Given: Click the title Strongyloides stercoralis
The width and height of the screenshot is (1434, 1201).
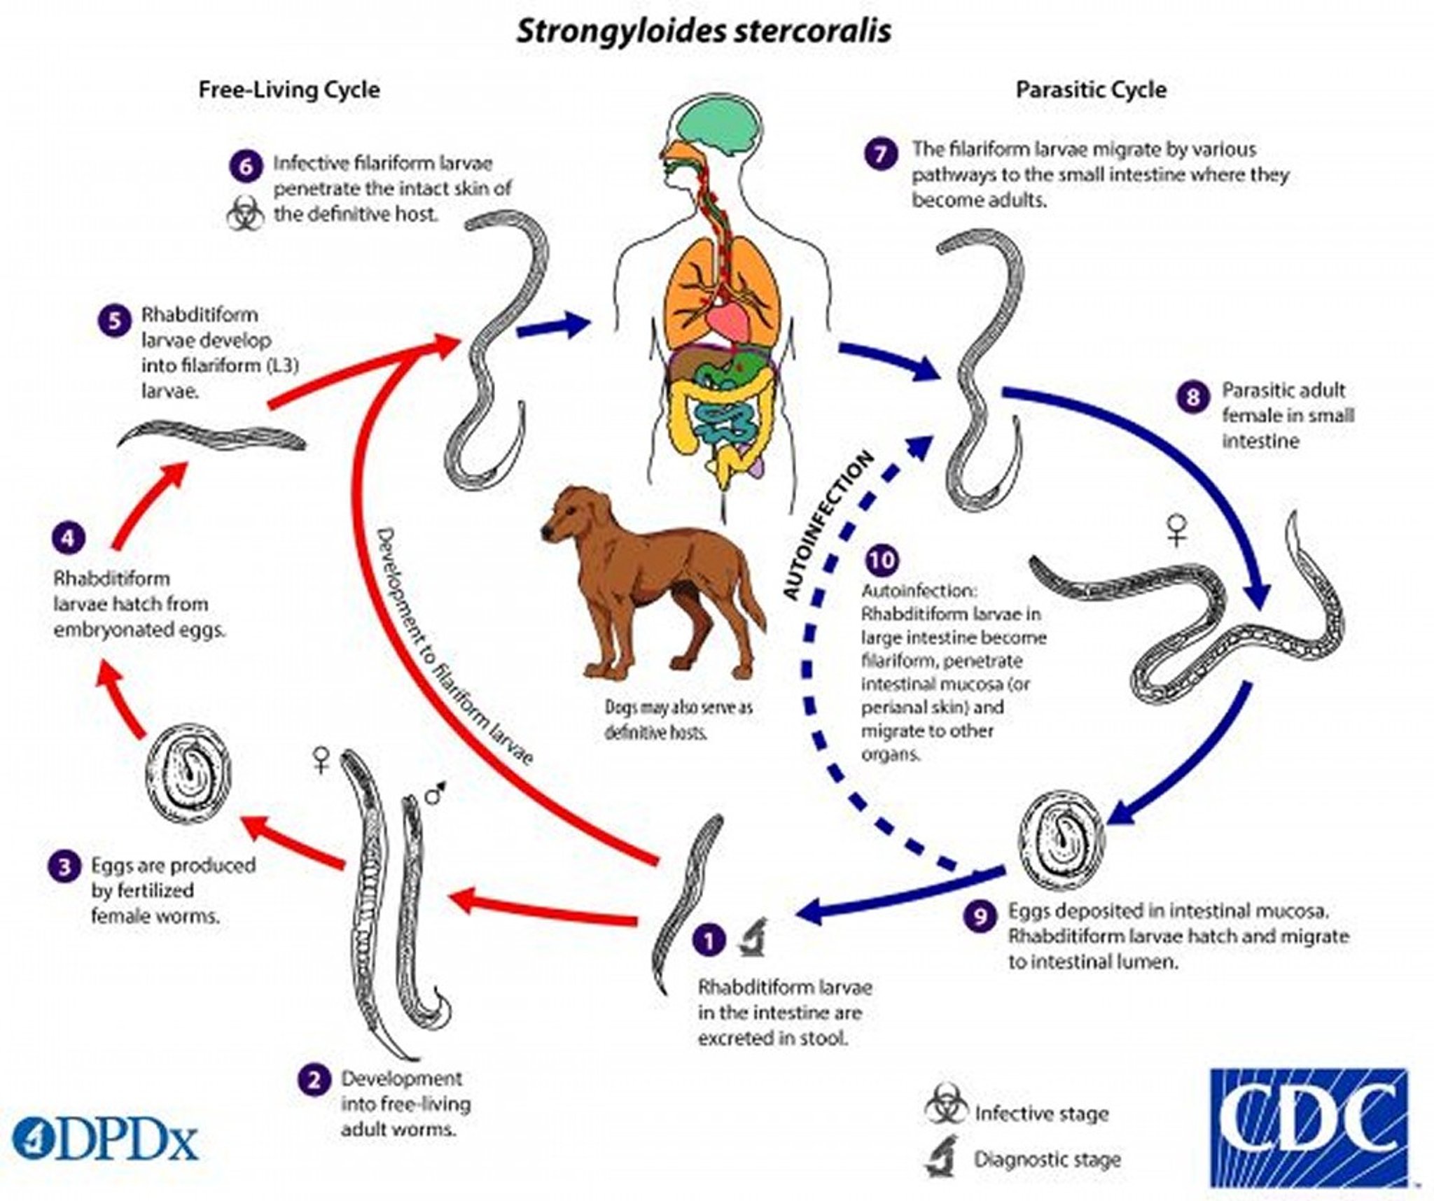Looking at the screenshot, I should point(704,31).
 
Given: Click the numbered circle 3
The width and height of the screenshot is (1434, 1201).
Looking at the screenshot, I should point(64,867).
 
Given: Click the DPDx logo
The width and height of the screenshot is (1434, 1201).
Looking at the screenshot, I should point(105,1142).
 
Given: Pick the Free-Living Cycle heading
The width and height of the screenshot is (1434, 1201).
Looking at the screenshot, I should point(289,90).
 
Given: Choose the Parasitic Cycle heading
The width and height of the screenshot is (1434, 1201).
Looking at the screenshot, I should point(1091,90).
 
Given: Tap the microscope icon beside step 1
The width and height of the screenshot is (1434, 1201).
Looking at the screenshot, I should point(753,938).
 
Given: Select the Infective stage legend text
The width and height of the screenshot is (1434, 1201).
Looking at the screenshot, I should point(1041,1114).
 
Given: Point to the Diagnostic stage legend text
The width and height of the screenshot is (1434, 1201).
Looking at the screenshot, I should point(1047,1160).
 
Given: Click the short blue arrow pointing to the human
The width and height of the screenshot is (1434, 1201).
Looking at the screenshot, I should point(553,327).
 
